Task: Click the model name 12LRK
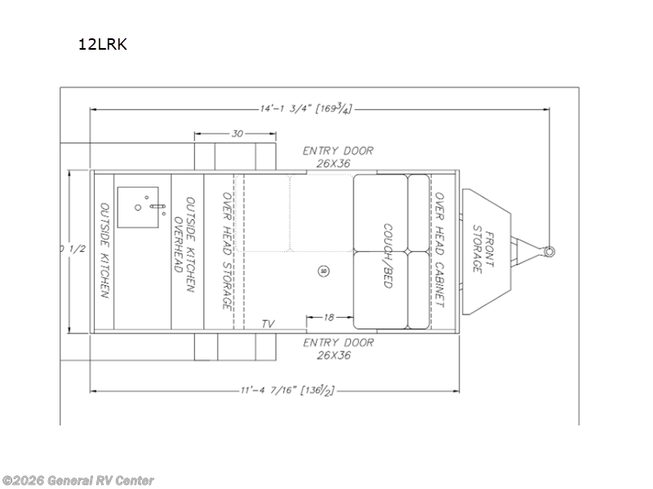[102, 43]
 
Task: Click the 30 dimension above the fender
[237, 134]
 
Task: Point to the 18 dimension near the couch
[329, 316]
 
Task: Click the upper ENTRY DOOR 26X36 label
[338, 156]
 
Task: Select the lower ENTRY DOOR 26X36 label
[338, 349]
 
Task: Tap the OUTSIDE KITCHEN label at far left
[104, 250]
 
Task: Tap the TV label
[268, 324]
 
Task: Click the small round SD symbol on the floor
[323, 271]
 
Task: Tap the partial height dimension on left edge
[64, 249]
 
